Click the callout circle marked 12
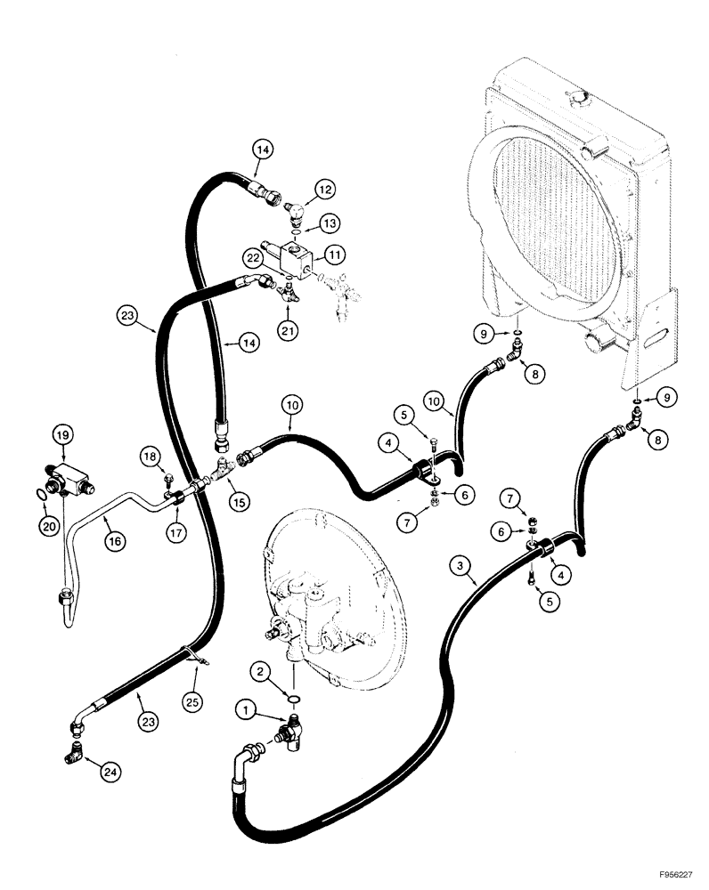pos(324,189)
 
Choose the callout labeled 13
pos(330,222)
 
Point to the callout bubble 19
pos(61,435)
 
